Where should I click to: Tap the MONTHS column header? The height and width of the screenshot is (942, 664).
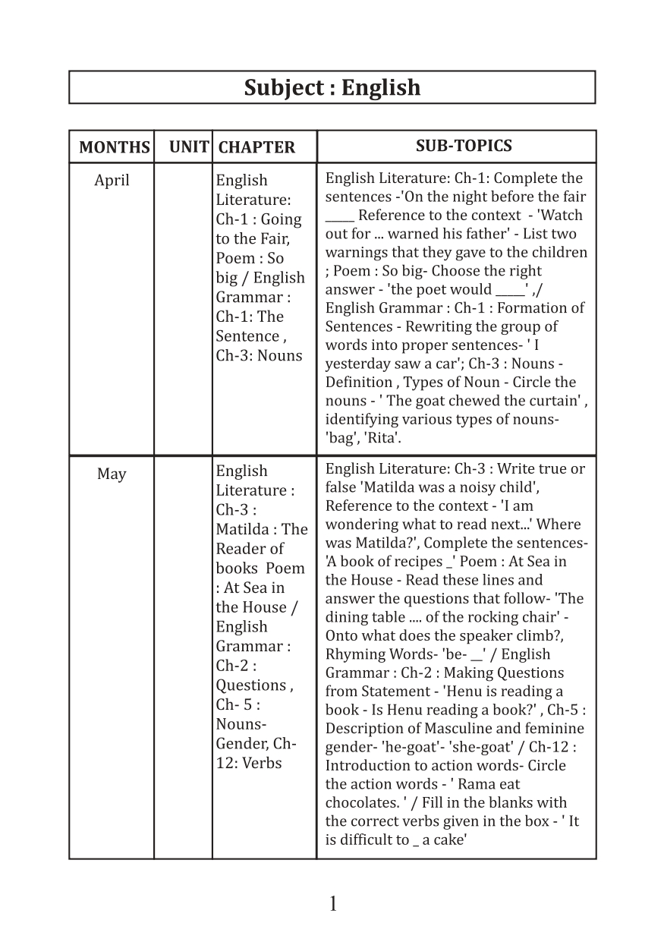point(115,147)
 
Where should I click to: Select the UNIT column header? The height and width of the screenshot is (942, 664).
point(189,146)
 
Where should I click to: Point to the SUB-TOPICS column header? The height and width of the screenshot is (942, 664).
point(464,146)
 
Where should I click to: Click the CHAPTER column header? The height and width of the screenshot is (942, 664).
point(256,147)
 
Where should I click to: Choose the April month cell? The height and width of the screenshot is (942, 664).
point(112,181)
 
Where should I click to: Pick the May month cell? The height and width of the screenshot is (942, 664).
point(112,474)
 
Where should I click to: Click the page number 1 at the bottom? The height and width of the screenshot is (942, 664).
point(332,904)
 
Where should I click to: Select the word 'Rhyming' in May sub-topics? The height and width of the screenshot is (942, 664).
point(352,654)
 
